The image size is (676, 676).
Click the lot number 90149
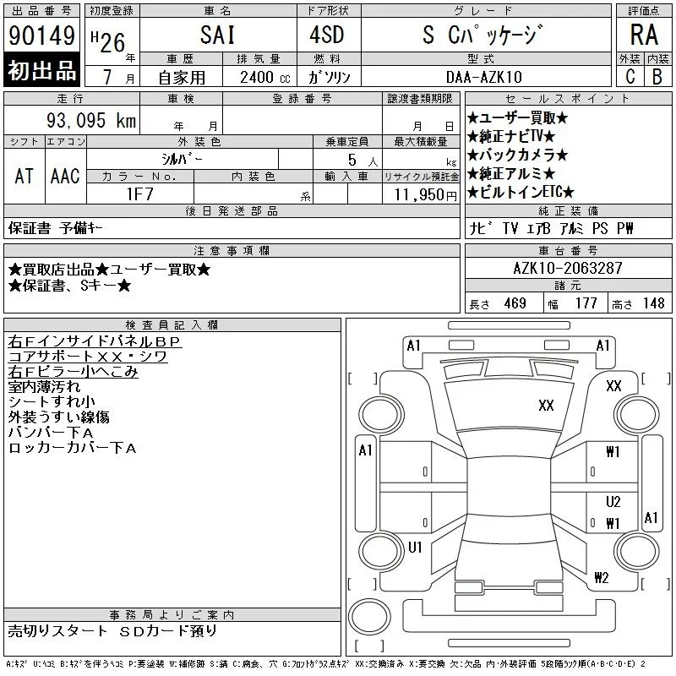click(41, 35)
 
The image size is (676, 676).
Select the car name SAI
click(218, 35)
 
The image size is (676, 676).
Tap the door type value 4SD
click(327, 35)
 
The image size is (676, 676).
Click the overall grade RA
click(644, 35)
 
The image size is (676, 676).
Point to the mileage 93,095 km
click(91, 120)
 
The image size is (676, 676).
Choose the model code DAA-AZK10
click(484, 77)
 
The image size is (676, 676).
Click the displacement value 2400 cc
click(265, 77)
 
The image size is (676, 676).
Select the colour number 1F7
click(140, 194)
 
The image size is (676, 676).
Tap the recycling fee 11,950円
click(426, 195)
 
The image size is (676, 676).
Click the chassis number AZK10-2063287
click(568, 268)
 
